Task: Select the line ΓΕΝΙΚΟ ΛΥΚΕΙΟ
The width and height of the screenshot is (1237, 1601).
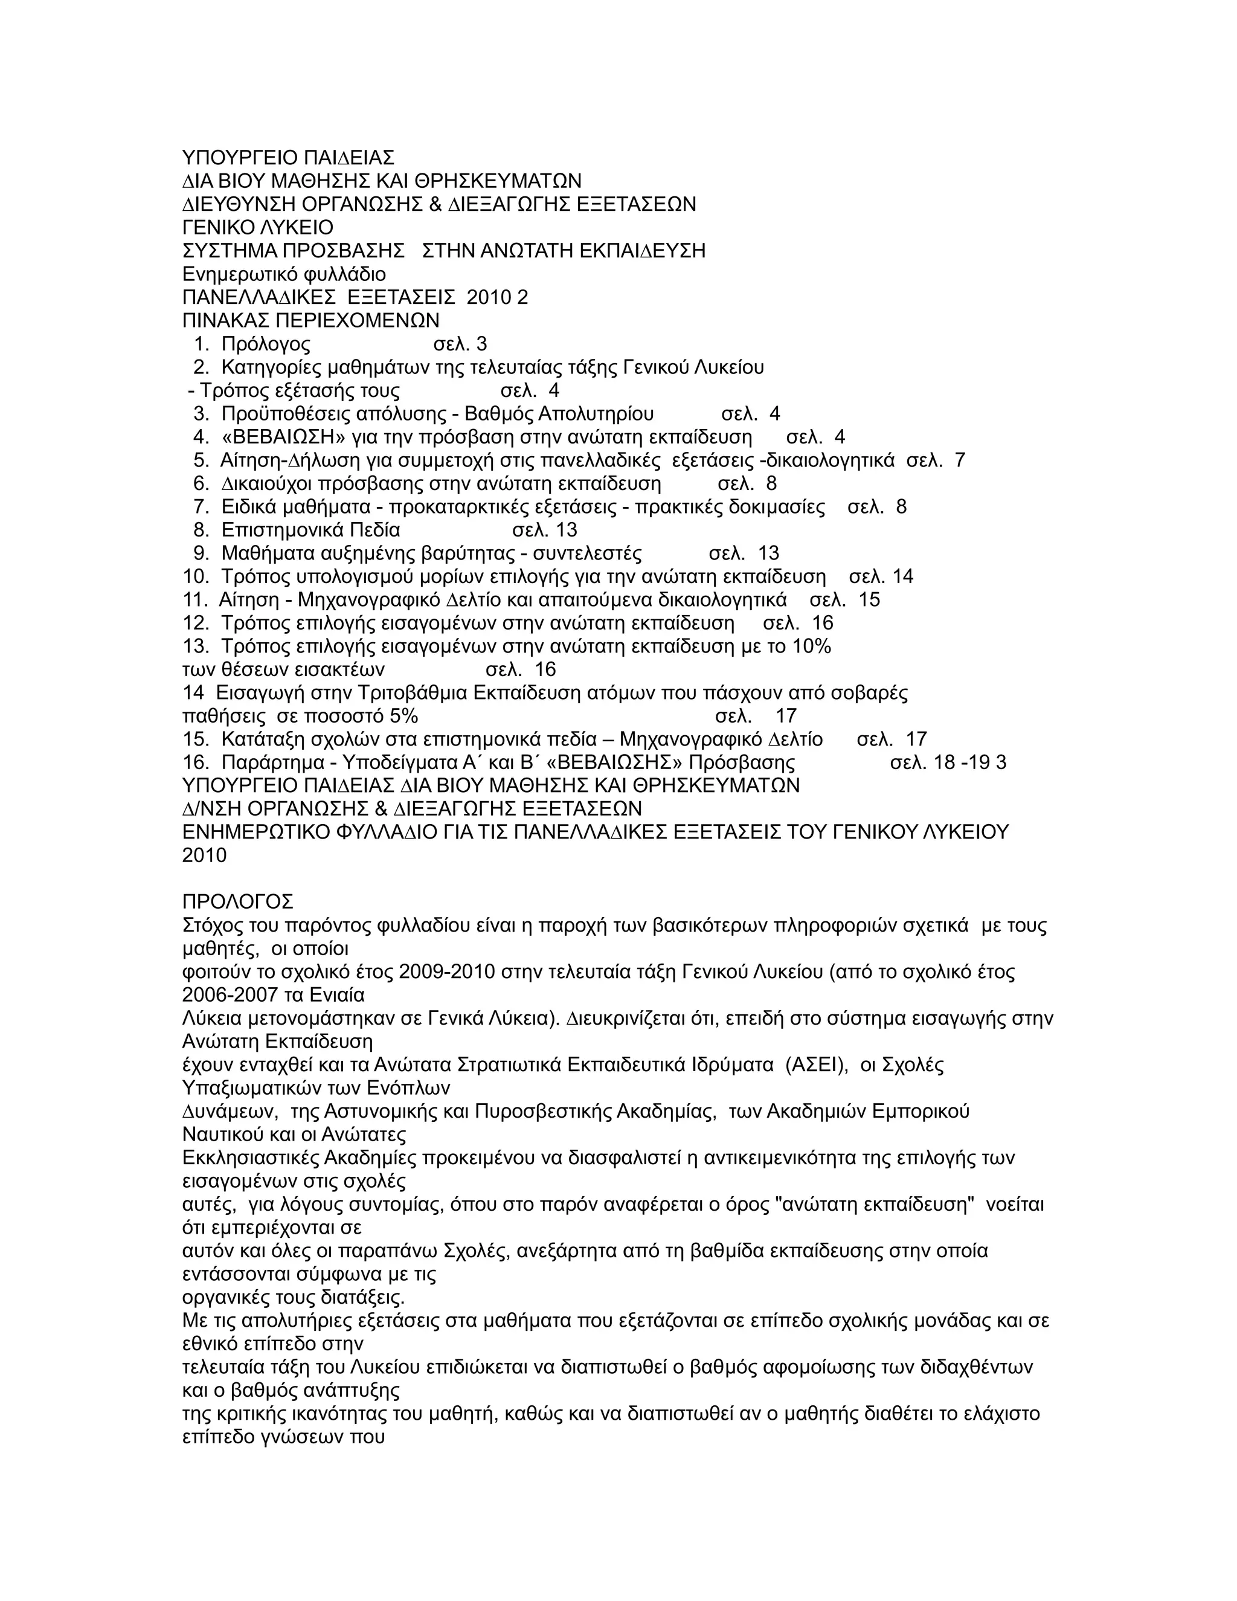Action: click(257, 227)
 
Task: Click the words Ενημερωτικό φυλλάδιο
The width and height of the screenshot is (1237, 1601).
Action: click(284, 274)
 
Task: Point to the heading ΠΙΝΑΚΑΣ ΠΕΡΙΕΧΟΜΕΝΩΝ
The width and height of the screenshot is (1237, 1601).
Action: click(310, 320)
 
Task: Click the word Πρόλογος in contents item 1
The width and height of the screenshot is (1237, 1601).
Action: click(265, 344)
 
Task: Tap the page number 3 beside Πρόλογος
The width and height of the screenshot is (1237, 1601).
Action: click(481, 344)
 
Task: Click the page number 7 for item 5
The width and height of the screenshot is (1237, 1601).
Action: click(960, 460)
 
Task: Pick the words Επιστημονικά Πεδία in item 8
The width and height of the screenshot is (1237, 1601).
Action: click(310, 530)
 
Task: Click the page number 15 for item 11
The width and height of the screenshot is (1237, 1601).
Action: click(869, 600)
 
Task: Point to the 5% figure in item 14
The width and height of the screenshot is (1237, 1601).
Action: click(405, 715)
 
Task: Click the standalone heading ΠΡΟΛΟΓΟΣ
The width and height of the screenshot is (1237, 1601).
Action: click(237, 901)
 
